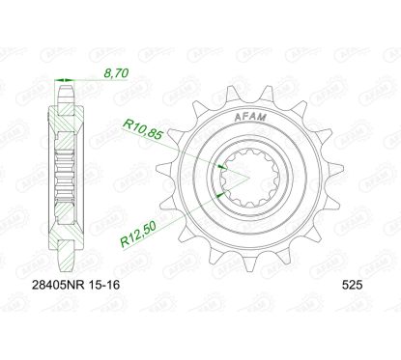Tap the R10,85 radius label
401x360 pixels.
142,126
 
